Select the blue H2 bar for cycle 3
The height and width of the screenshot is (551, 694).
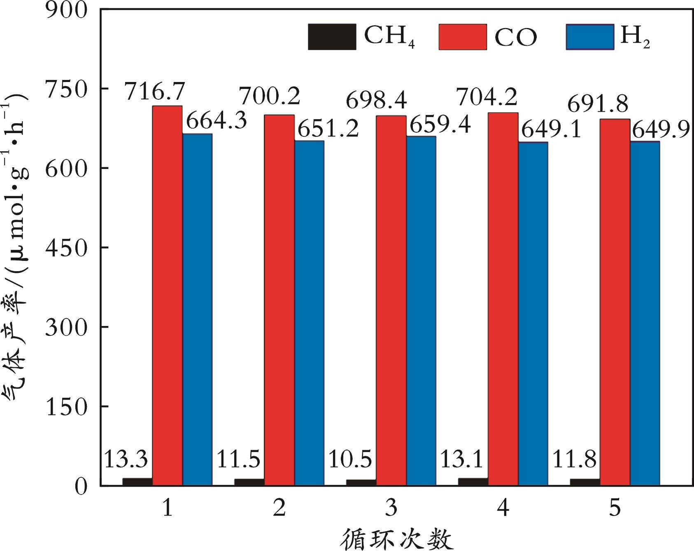(421, 311)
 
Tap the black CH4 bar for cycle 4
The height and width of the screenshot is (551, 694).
(473, 482)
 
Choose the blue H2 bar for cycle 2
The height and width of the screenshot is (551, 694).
(309, 313)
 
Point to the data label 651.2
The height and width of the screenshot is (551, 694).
(328, 129)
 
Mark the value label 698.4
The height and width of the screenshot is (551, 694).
(377, 101)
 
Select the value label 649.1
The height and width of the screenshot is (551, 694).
(552, 131)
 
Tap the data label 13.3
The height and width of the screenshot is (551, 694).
(126, 459)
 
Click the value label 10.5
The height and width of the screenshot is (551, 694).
(350, 459)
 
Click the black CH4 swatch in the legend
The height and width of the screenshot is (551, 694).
(332, 37)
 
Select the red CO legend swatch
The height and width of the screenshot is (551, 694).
(463, 37)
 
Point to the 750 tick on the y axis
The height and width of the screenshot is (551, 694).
(68, 89)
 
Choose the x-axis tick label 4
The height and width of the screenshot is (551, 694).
(503, 508)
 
